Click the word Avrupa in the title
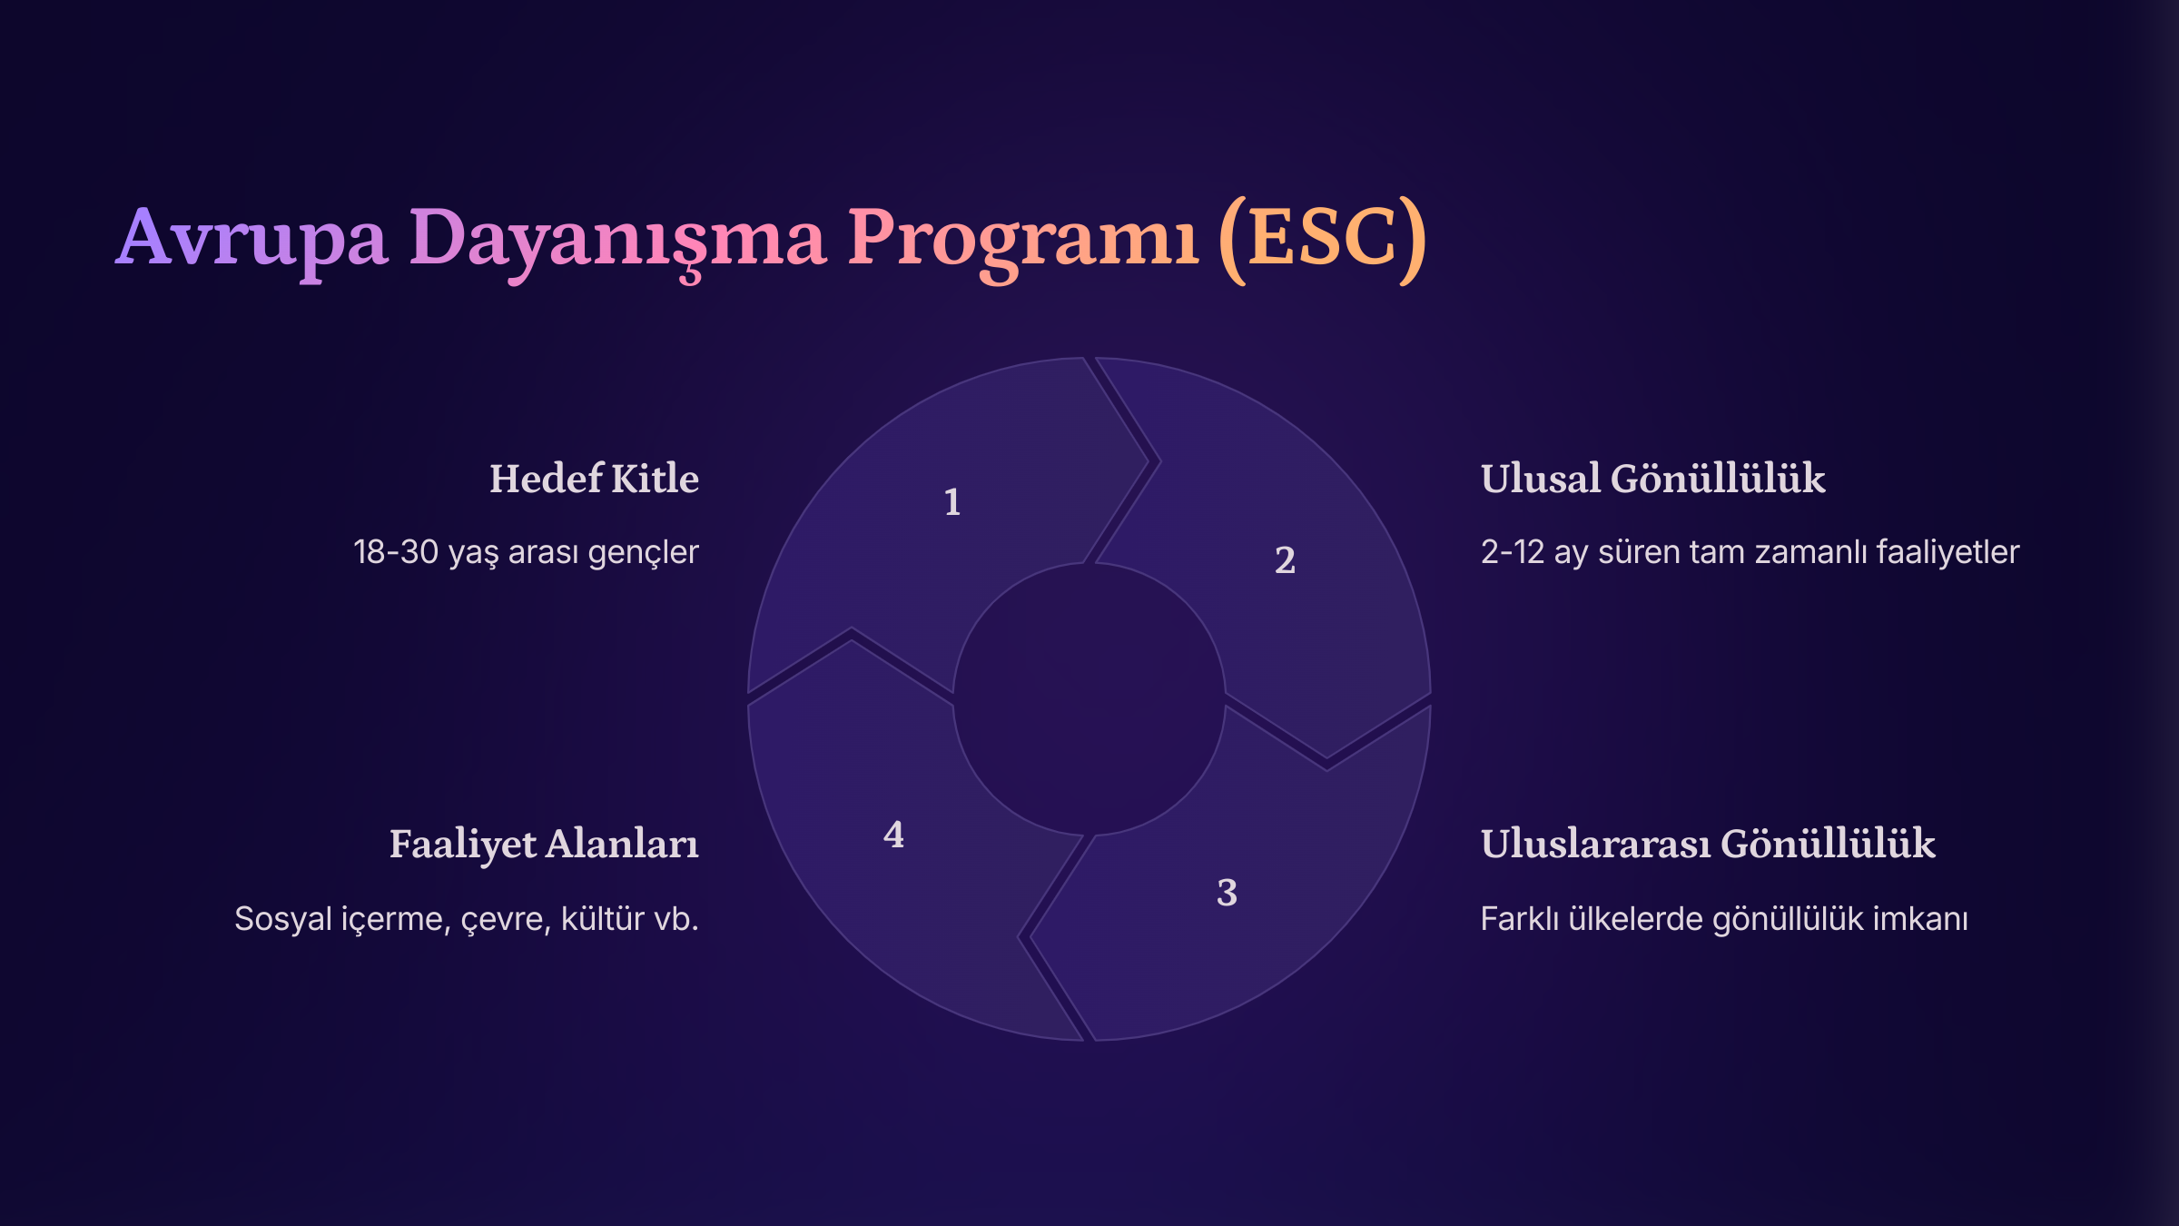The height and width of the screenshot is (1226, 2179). [252, 239]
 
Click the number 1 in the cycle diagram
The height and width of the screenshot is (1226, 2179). [952, 502]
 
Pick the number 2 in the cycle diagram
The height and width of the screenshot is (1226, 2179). [1285, 560]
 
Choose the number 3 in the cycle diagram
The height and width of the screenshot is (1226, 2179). [1227, 893]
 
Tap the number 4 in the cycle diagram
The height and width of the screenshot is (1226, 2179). [893, 835]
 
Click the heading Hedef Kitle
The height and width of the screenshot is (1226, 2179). [595, 479]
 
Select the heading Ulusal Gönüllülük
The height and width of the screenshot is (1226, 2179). [1652, 479]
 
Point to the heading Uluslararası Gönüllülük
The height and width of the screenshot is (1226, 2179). [1708, 844]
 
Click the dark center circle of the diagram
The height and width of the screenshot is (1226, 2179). [1089, 699]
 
